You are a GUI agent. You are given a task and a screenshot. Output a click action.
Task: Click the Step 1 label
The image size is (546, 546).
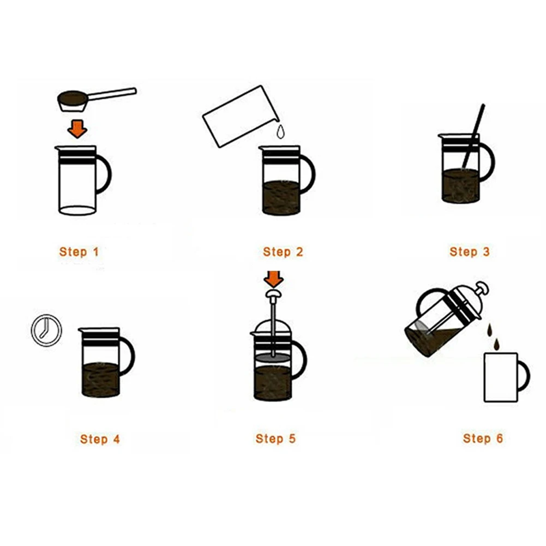tap(79, 252)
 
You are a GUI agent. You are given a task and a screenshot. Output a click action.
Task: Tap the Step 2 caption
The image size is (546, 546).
tap(283, 252)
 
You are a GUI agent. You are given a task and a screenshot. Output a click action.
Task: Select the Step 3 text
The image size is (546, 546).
tap(470, 251)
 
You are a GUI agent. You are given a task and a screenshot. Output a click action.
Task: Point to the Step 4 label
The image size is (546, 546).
tap(100, 439)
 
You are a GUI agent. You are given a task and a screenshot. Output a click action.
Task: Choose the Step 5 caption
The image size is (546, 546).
tap(275, 439)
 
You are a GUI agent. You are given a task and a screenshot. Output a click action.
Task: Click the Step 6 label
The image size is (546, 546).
tap(483, 439)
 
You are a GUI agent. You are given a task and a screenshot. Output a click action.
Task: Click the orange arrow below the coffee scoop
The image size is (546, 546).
tap(77, 129)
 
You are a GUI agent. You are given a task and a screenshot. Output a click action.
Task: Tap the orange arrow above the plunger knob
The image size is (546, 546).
tap(274, 279)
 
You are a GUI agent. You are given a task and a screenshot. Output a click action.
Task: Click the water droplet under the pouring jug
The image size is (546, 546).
tap(280, 133)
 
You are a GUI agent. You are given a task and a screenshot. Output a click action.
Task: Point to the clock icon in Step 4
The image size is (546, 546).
tap(46, 330)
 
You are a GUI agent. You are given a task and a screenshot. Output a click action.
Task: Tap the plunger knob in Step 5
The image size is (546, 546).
tap(273, 295)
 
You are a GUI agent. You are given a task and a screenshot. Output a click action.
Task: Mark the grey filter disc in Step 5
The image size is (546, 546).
tap(273, 358)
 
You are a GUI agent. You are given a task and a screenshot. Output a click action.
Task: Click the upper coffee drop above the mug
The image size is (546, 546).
tap(490, 331)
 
